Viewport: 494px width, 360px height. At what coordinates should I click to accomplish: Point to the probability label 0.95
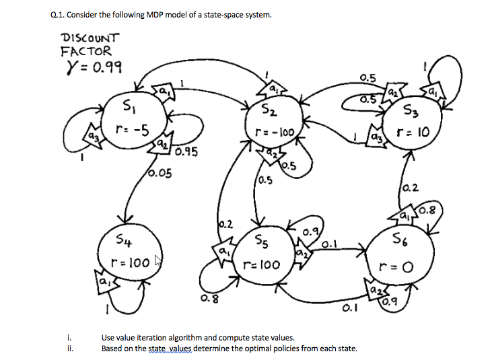[x=184, y=153]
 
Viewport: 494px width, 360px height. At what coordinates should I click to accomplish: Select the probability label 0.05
[x=159, y=174]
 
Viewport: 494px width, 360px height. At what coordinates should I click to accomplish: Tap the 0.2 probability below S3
[x=409, y=190]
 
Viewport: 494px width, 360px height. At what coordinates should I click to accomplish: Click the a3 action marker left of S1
[x=87, y=139]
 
